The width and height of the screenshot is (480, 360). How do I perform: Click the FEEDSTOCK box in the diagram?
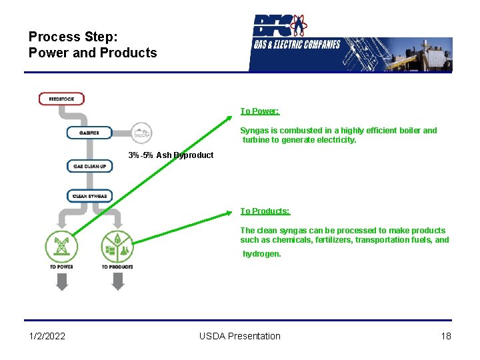click(61, 99)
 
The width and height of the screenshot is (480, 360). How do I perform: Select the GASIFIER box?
click(89, 133)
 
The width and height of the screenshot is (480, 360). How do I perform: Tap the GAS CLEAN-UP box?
click(89, 166)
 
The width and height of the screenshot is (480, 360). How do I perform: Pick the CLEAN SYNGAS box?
click(89, 196)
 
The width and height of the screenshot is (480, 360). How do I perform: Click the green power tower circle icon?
click(61, 247)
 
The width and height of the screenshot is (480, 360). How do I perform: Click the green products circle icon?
click(117, 247)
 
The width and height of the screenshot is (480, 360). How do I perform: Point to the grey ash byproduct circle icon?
click(141, 133)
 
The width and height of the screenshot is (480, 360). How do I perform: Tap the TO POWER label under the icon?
click(61, 267)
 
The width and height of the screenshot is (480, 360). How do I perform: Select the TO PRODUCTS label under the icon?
click(117, 267)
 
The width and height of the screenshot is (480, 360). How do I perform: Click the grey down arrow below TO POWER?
click(61, 283)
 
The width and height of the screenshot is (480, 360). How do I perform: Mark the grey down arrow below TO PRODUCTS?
click(117, 283)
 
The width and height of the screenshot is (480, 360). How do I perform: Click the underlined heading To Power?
click(260, 111)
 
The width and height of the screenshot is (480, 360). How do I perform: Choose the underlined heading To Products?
click(265, 211)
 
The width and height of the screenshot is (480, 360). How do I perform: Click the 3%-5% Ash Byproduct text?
click(171, 155)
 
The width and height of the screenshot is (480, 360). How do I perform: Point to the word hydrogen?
click(262, 254)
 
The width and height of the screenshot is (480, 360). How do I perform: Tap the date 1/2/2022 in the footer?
click(47, 336)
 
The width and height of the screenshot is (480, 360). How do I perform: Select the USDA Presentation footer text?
click(240, 336)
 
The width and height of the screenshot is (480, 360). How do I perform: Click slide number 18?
click(446, 336)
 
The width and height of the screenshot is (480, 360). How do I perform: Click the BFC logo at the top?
click(280, 27)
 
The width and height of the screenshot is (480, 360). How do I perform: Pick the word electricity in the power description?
click(336, 140)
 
